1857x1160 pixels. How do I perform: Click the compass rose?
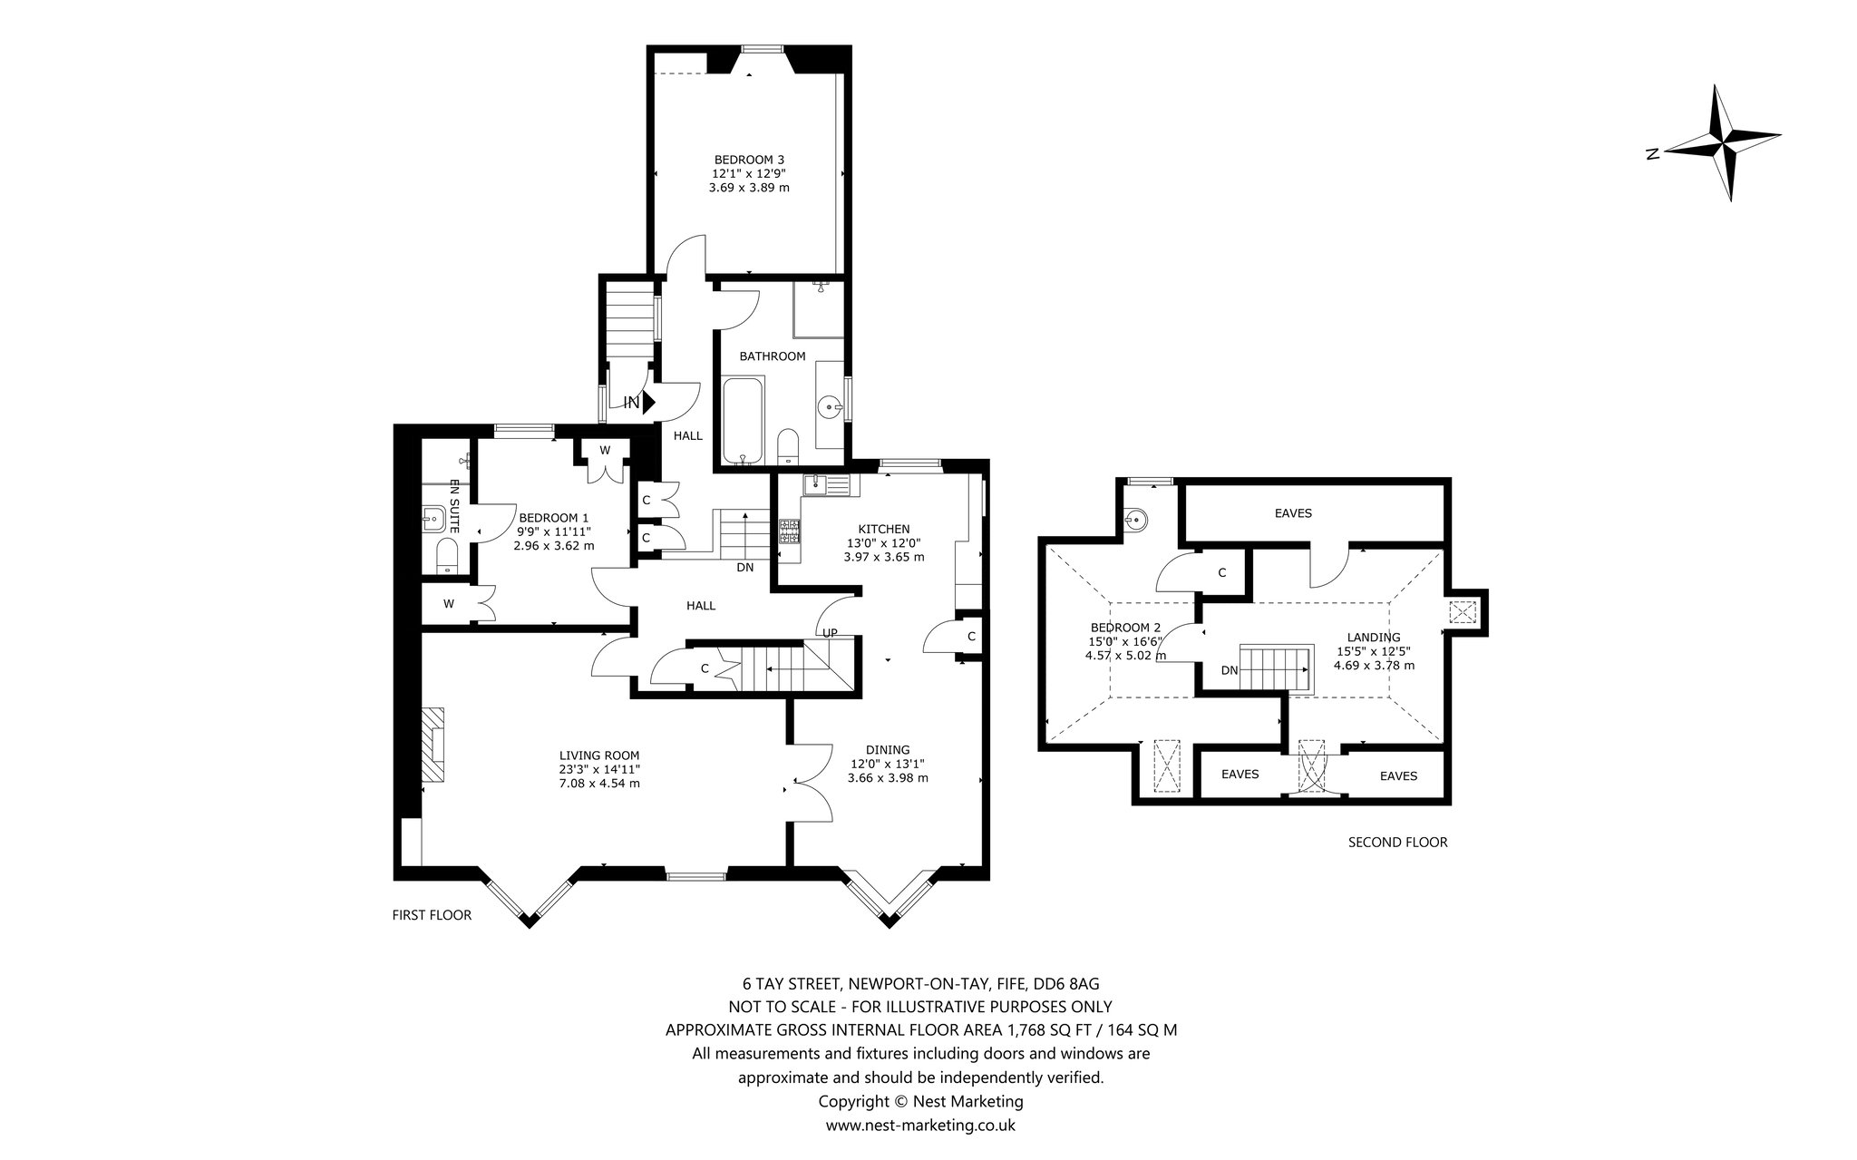click(x=1723, y=143)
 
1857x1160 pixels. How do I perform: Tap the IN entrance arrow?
click(x=648, y=402)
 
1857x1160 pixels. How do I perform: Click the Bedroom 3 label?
click(x=749, y=174)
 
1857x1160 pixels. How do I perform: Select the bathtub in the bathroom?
click(x=744, y=423)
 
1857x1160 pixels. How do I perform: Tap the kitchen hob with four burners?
click(x=789, y=531)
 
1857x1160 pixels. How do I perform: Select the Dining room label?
click(x=888, y=764)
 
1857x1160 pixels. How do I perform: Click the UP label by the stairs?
click(x=829, y=632)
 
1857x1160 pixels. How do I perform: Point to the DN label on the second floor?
click(x=1230, y=670)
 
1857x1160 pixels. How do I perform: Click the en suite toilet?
click(x=448, y=555)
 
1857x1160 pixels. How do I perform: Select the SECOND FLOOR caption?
click(x=1397, y=842)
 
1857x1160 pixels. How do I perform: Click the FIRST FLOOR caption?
click(x=432, y=915)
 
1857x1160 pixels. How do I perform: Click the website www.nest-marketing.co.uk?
click(x=920, y=1126)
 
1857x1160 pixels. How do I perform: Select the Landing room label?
click(x=1374, y=650)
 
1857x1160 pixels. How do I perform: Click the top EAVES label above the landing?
click(x=1293, y=513)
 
